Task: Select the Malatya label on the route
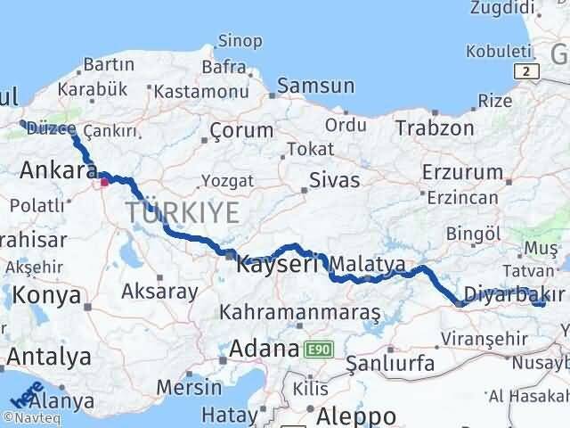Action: (368, 264)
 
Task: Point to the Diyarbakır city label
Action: (514, 295)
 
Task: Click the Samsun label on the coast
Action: (315, 86)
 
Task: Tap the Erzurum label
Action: (462, 171)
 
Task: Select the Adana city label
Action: (264, 349)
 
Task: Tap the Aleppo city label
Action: (354, 416)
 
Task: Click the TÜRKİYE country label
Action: (183, 212)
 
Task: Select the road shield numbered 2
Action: (529, 70)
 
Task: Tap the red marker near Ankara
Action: (104, 182)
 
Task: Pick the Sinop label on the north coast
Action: (240, 40)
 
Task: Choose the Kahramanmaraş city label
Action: (300, 313)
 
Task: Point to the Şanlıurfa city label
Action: (389, 363)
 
